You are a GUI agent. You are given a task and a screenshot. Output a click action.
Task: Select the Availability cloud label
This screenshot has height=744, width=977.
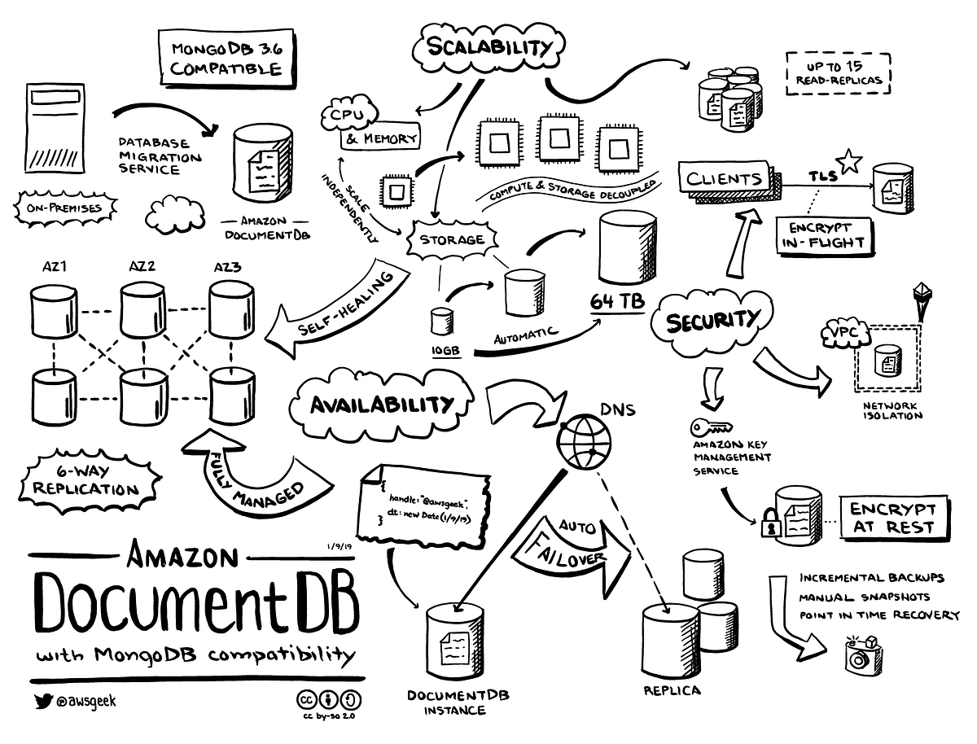(x=381, y=404)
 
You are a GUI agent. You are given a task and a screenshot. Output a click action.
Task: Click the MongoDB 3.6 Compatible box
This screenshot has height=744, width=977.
(x=226, y=58)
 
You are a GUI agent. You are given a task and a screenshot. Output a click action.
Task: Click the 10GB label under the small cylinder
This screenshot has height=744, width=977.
(x=446, y=351)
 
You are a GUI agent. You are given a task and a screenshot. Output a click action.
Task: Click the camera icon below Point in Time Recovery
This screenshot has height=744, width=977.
(x=857, y=655)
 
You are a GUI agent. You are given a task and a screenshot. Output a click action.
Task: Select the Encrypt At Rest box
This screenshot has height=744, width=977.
(x=892, y=518)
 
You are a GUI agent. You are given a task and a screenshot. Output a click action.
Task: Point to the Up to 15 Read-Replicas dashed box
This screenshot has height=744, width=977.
(x=839, y=73)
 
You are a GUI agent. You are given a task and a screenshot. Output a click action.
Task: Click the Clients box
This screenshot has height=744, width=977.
(x=724, y=178)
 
